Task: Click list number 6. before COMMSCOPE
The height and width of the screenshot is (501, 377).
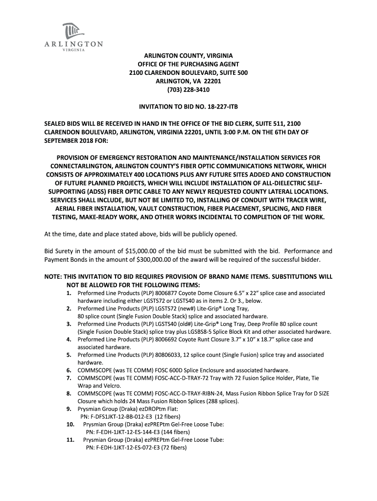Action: [x=69, y=370]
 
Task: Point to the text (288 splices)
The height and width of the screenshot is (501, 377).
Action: [x=223, y=401]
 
